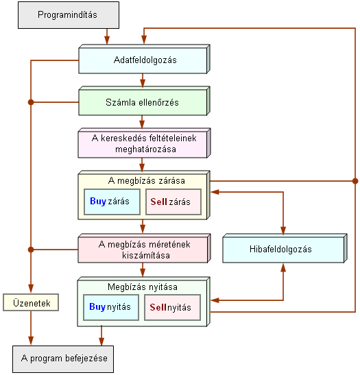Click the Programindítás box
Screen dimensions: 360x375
coord(69,15)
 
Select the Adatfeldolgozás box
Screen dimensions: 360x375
coord(144,59)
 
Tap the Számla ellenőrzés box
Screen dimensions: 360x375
coord(144,101)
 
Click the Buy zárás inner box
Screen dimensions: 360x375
coord(112,202)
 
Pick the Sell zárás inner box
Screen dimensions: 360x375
coord(173,202)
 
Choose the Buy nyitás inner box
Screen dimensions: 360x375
coord(111,307)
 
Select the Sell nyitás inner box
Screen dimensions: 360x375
coord(173,307)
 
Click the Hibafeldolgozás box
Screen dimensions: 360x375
coord(285,248)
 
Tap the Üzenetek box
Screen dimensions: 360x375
coord(31,302)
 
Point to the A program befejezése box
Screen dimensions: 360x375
coord(63,359)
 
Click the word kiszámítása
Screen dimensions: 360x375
coord(146,256)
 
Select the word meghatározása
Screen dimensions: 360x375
coord(145,149)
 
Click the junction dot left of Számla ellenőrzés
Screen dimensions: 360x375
coord(31,102)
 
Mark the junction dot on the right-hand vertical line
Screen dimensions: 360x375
coord(355,181)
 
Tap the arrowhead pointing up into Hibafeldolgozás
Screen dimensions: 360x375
coord(283,267)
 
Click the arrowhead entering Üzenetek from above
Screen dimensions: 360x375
coord(31,289)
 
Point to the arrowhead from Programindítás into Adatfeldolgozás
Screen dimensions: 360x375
coord(107,40)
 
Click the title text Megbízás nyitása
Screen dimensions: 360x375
coord(143,287)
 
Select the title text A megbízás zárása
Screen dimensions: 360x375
coord(146,180)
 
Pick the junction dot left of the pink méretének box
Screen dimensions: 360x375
coord(31,250)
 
